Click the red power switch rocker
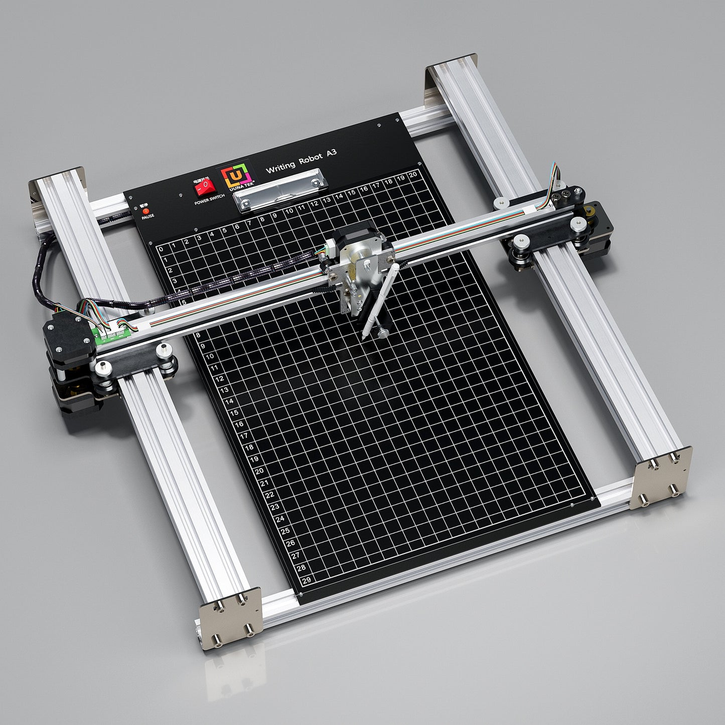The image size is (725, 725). (x=204, y=188)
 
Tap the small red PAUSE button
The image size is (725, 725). (x=146, y=211)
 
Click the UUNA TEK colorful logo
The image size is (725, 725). (x=238, y=176)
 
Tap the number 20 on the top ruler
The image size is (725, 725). (x=413, y=175)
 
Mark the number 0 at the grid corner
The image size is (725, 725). (x=161, y=249)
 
